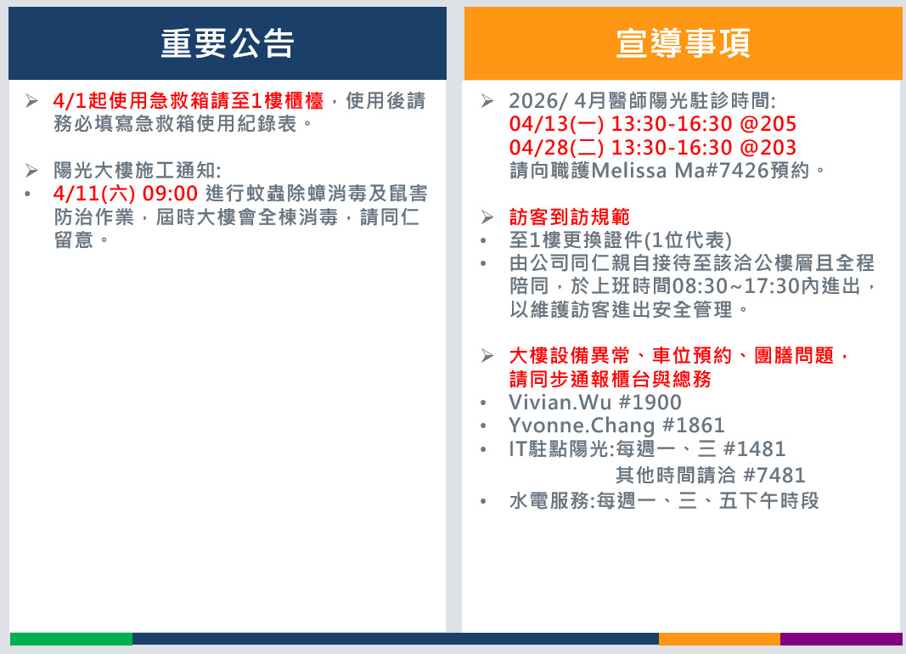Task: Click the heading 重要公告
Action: point(228,43)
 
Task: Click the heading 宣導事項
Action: point(684,43)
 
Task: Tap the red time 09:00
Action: point(170,194)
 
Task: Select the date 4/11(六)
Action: point(93,194)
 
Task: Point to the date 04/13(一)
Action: point(556,124)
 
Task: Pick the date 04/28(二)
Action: point(556,147)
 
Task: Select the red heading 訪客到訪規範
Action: point(569,217)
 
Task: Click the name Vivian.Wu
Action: point(560,402)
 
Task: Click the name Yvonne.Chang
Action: point(582,426)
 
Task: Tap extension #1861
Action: point(694,426)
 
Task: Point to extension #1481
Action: point(755,449)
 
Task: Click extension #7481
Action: point(774,476)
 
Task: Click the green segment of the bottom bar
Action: point(71,639)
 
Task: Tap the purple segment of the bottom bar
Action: point(841,639)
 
